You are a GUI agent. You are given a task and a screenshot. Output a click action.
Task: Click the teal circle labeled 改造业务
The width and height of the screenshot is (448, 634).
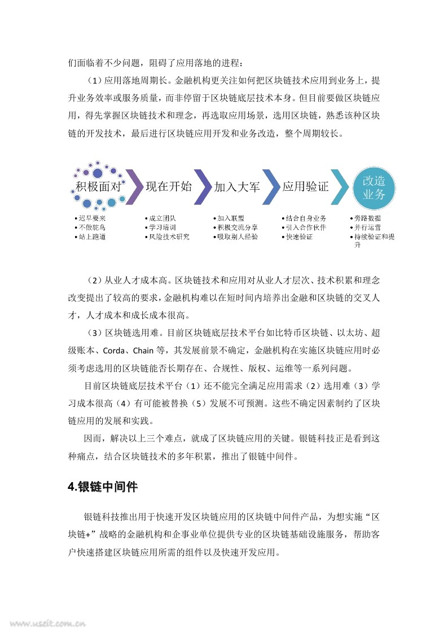(x=374, y=187)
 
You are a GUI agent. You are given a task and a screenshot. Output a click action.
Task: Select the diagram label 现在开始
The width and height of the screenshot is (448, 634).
(x=169, y=187)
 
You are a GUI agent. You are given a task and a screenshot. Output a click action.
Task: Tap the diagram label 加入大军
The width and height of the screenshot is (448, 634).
(x=237, y=187)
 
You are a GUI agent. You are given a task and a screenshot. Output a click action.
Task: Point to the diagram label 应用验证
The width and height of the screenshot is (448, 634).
(x=305, y=187)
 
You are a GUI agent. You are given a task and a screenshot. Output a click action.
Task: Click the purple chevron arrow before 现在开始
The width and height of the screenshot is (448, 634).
(x=134, y=187)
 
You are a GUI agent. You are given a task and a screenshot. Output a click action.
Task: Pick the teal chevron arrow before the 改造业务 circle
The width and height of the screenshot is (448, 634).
(x=340, y=187)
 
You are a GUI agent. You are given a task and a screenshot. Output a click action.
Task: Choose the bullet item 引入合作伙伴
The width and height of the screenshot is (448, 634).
(x=305, y=228)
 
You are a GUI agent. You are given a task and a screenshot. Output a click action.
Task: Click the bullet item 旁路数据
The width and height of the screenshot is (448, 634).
(x=367, y=218)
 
